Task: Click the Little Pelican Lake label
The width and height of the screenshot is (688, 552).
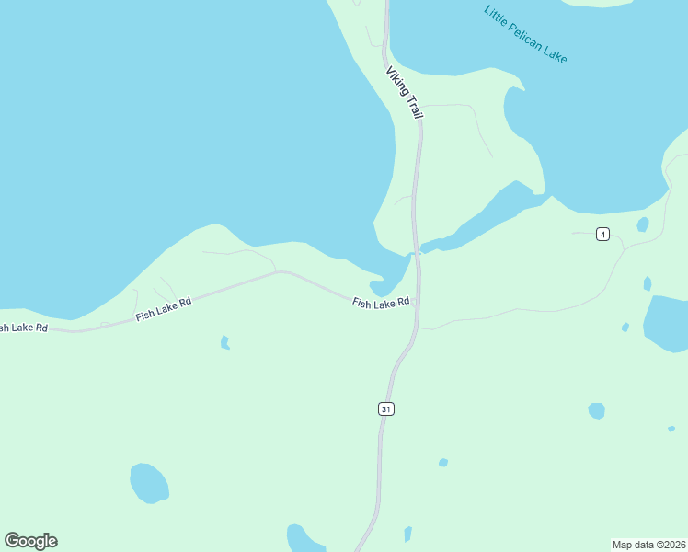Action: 525,35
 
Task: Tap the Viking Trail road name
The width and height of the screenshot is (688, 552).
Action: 404,93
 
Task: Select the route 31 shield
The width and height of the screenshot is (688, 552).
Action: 386,408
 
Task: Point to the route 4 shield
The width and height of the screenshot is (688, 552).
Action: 602,234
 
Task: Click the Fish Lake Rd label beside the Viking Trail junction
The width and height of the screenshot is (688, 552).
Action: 380,303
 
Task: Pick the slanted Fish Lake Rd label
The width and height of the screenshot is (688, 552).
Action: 163,308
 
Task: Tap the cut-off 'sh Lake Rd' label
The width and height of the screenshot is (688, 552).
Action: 22,328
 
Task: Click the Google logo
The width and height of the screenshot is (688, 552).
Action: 30,541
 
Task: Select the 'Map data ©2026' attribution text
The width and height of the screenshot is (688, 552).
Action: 649,544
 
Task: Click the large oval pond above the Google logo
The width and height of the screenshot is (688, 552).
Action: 149,483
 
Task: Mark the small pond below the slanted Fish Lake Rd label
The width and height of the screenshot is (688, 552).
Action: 224,343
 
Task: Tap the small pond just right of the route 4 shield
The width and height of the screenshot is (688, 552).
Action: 643,224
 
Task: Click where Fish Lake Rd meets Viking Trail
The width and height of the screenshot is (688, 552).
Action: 416,302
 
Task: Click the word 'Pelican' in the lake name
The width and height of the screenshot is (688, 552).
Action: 527,37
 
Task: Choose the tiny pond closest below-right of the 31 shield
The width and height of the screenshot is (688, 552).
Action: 443,463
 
